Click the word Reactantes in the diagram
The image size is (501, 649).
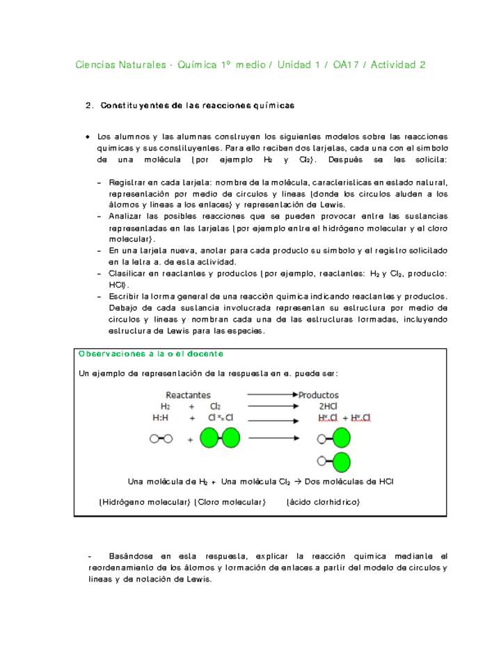187,395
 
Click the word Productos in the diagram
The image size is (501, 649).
319,395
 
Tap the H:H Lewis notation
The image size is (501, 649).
160,418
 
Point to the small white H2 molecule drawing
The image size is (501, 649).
161,439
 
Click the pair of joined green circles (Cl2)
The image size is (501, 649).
220,438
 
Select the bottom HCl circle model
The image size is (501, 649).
333,461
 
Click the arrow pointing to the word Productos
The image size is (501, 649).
271,395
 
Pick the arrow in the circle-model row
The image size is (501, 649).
273,438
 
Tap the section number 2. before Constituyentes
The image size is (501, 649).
89,106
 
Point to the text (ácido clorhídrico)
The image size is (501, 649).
323,502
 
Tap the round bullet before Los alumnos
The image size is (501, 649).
87,136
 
